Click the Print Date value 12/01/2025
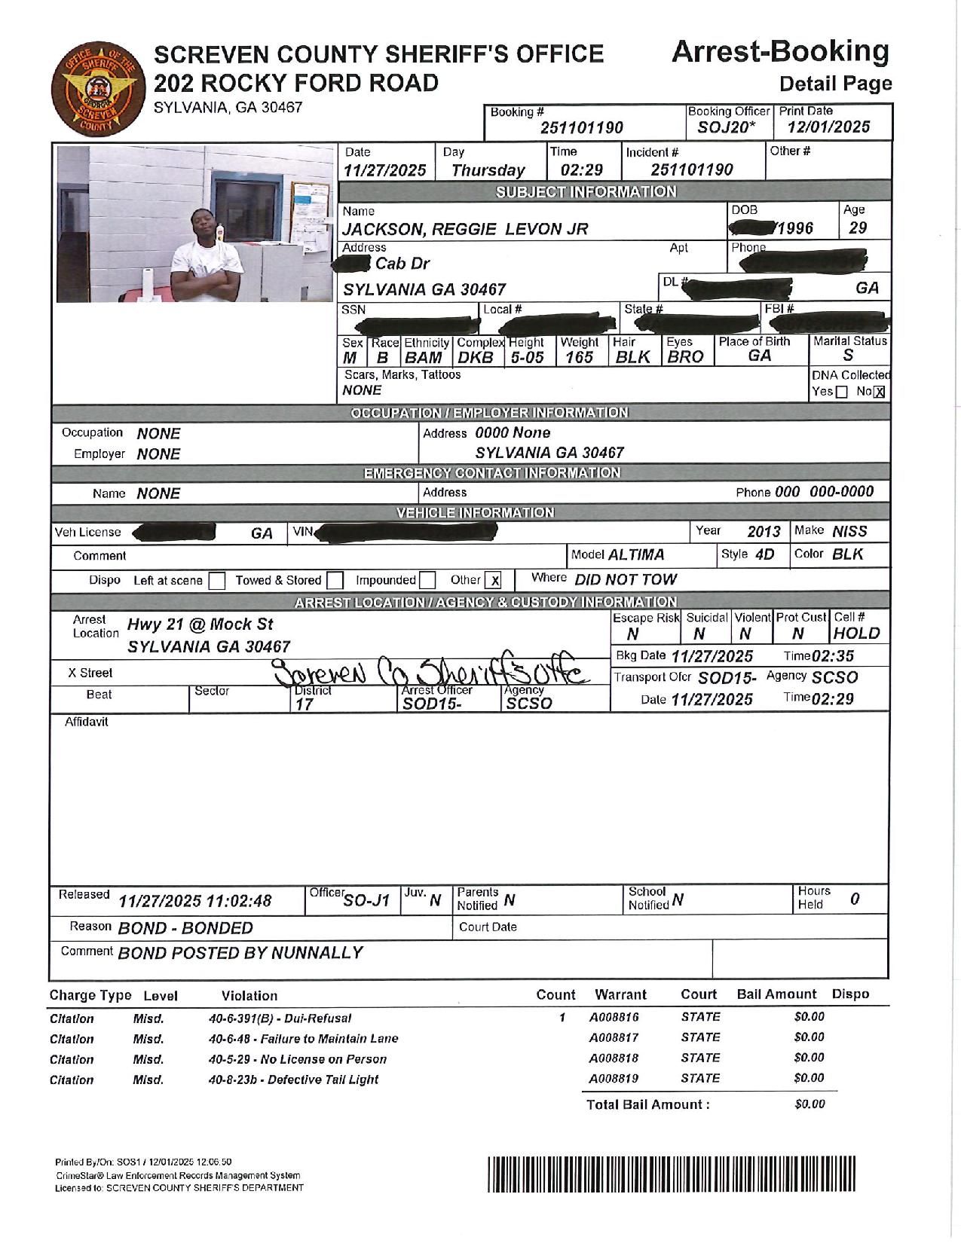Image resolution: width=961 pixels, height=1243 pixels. pyautogui.click(x=828, y=127)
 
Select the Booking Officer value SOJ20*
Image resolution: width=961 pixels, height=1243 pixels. pyautogui.click(x=726, y=127)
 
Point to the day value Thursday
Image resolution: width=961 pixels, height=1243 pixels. pyautogui.click(x=488, y=170)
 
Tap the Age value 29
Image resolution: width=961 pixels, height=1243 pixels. pyautogui.click(x=858, y=228)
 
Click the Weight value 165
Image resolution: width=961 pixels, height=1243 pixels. pyautogui.click(x=579, y=357)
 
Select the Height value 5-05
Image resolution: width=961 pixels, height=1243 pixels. pyautogui.click(x=527, y=357)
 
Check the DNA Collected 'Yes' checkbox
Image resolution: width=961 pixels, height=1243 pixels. pyautogui.click(x=842, y=392)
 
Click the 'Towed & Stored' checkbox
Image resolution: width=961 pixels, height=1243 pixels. pyautogui.click(x=335, y=581)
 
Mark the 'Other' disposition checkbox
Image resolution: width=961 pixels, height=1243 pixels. pyautogui.click(x=493, y=581)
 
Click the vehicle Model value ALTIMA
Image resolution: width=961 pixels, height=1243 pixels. pyautogui.click(x=636, y=555)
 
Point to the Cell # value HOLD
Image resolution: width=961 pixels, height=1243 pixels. pyautogui.click(x=857, y=634)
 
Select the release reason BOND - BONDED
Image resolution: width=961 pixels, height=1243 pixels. pyautogui.click(x=185, y=928)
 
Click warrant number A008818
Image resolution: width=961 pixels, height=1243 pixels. pyautogui.click(x=614, y=1058)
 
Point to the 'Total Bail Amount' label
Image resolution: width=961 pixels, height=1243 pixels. pyautogui.click(x=647, y=1104)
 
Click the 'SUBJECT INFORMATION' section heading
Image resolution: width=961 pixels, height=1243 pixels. pyautogui.click(x=586, y=191)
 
